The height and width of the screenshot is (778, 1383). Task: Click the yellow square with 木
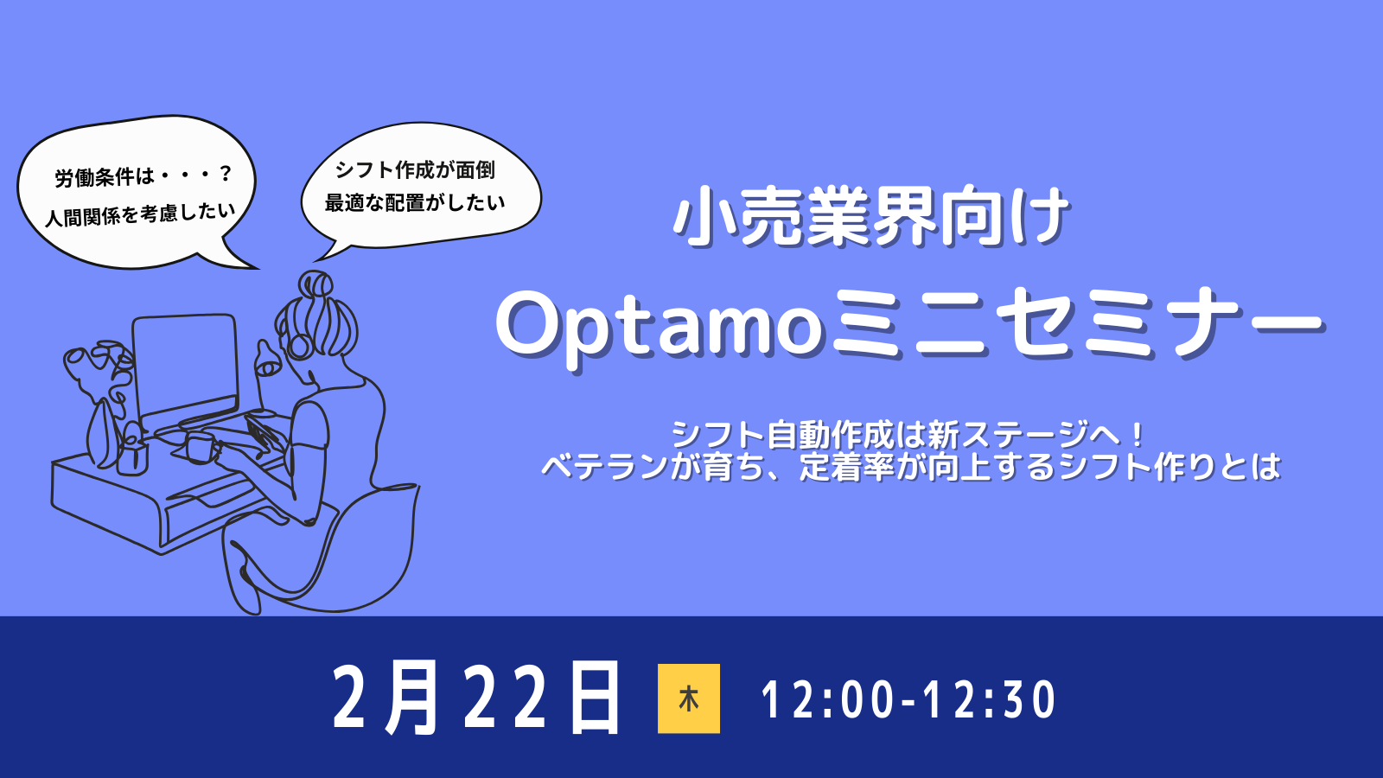click(688, 698)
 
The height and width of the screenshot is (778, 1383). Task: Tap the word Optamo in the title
click(660, 329)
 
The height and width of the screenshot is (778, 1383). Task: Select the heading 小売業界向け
click(872, 217)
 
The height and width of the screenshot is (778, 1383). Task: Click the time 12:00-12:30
click(908, 699)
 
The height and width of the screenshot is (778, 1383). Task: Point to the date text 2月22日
click(476, 698)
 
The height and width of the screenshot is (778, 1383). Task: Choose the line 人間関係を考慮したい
click(140, 214)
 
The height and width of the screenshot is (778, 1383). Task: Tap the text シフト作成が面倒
click(415, 169)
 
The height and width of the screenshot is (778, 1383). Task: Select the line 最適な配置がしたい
click(415, 202)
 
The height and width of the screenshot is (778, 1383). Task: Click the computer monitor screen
click(185, 367)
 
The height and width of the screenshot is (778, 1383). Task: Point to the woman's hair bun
click(315, 284)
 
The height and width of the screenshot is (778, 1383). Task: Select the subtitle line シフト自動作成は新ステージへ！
click(908, 435)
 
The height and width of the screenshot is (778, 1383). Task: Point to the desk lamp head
click(268, 363)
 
